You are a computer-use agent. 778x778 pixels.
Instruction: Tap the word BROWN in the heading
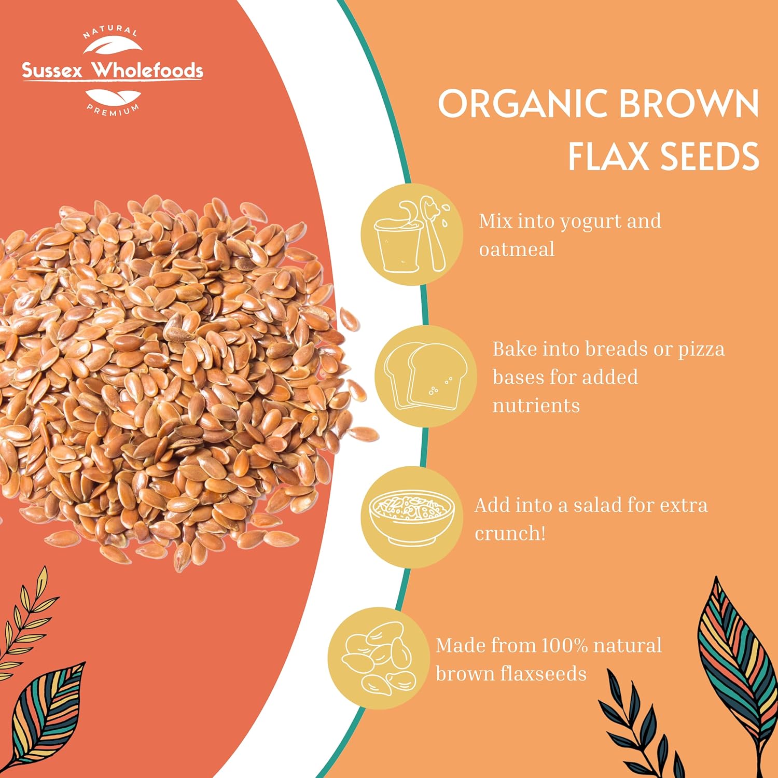(690, 104)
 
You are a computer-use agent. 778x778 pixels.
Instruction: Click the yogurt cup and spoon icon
(412, 234)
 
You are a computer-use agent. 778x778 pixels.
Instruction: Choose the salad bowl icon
(412, 517)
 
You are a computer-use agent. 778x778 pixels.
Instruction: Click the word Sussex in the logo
(52, 71)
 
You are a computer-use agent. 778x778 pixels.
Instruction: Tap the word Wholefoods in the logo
(147, 70)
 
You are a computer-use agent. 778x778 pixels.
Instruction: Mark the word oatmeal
(517, 249)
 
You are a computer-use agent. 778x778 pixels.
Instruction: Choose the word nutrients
(536, 406)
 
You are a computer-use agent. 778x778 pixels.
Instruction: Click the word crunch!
(510, 533)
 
